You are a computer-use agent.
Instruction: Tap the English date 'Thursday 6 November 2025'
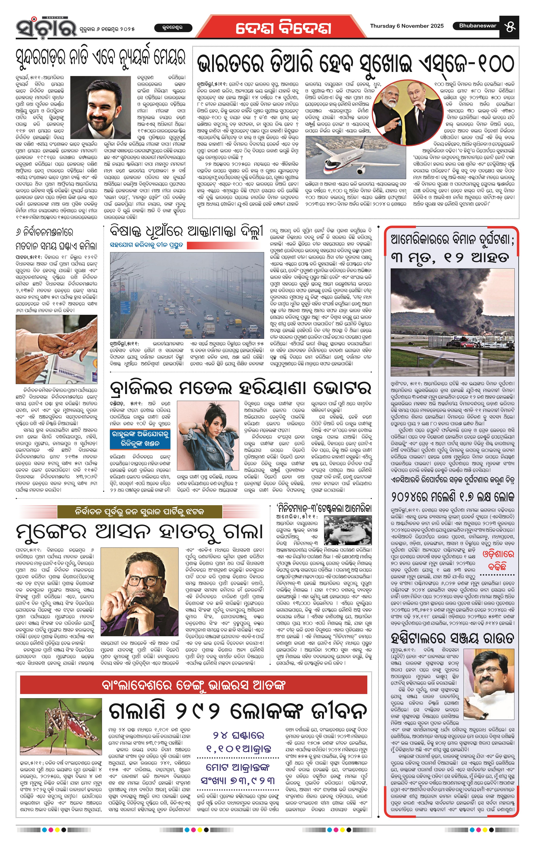[x=407, y=26]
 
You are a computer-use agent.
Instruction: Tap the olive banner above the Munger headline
[x=140, y=512]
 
